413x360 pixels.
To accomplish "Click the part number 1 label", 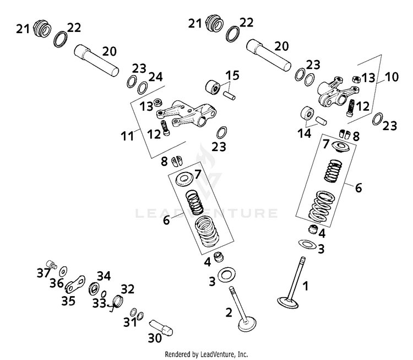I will tap(307, 287).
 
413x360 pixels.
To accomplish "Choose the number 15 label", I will tap(232, 75).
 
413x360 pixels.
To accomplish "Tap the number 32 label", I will tap(127, 289).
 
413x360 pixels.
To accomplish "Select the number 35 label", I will tap(68, 300).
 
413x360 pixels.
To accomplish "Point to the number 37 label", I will tap(43, 272).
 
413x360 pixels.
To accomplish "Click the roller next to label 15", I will tap(212, 87).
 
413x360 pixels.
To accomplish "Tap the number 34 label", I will tap(103, 276).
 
